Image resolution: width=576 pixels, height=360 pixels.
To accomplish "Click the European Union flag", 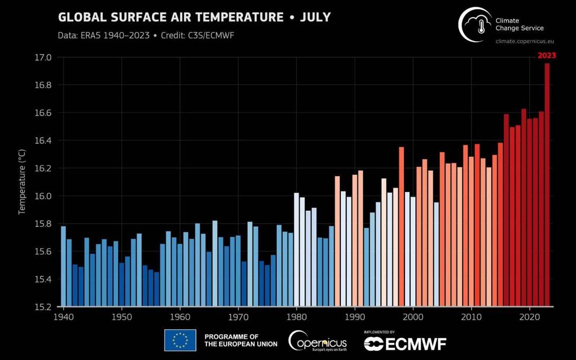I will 180,340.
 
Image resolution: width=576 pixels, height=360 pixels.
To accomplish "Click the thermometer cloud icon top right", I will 475,24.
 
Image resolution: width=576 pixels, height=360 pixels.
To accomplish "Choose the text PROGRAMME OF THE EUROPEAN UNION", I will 240,340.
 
